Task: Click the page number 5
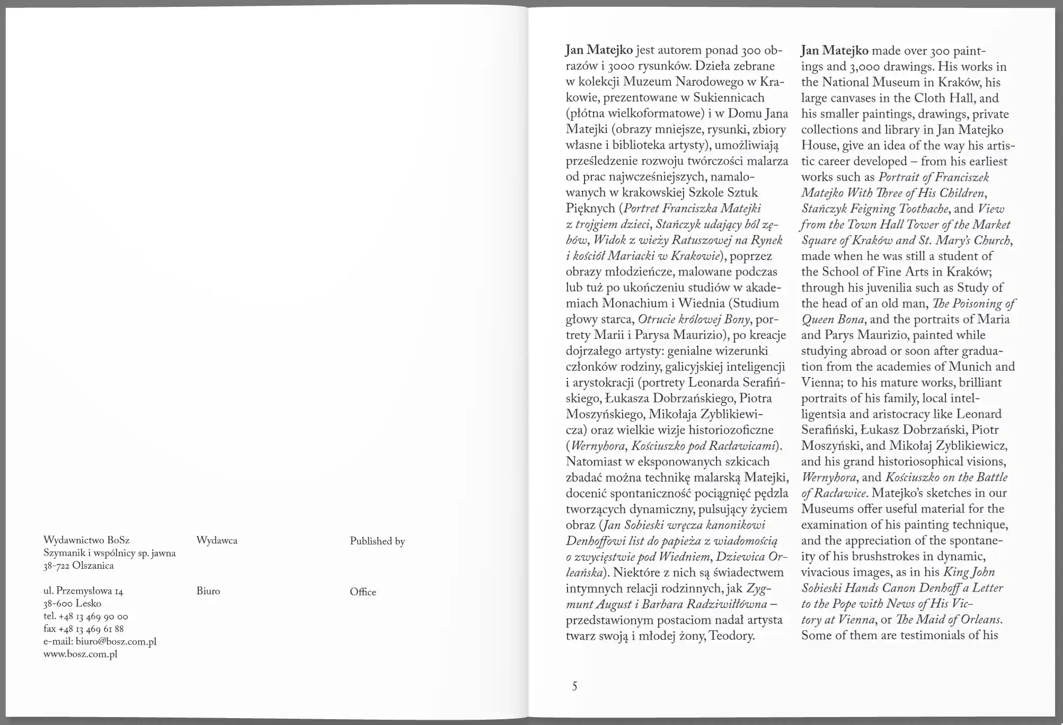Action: (574, 686)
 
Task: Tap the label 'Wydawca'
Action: (217, 541)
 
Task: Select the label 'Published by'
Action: (377, 541)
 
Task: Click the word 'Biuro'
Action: (208, 591)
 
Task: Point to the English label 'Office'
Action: (363, 592)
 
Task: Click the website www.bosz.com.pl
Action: (80, 654)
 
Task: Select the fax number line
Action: (84, 629)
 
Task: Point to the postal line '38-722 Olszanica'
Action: (78, 566)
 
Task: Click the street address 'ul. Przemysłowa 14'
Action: (83, 591)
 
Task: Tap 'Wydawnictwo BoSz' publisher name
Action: (86, 540)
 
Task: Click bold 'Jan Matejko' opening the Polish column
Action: (599, 50)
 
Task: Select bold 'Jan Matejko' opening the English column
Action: (835, 51)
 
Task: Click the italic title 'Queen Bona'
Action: (832, 319)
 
